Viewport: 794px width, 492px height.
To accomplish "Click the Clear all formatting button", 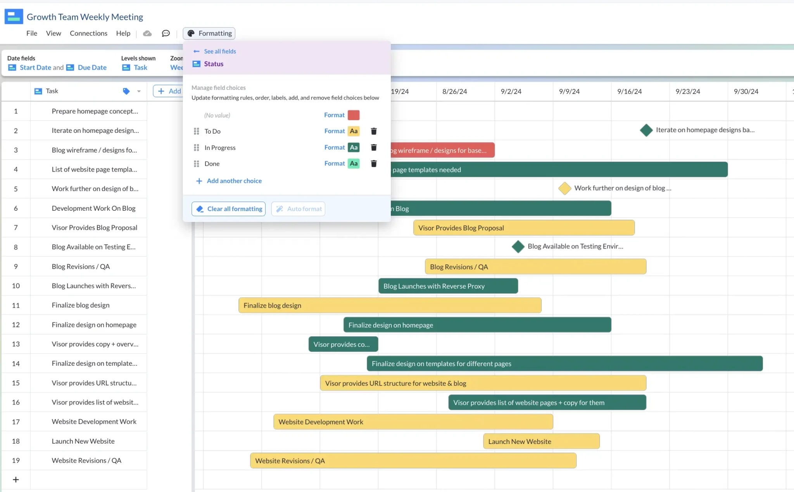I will point(228,209).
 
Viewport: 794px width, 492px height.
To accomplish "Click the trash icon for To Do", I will point(374,131).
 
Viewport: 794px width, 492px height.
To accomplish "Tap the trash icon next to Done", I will point(374,163).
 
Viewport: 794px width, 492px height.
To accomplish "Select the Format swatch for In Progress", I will point(354,148).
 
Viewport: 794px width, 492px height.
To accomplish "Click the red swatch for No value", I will point(354,115).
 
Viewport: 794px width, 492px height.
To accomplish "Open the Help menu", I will point(123,33).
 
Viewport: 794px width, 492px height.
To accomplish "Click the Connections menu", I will point(88,33).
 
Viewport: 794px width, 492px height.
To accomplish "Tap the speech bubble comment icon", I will point(166,33).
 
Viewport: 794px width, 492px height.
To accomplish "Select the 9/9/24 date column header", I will point(569,91).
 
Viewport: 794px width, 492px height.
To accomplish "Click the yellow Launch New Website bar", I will point(541,441).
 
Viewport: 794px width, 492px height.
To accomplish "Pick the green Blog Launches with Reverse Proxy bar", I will point(448,286).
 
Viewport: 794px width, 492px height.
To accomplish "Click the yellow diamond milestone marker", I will point(564,188).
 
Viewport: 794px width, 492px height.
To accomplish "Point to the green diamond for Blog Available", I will point(518,246).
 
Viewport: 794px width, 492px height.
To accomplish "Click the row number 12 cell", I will point(16,325).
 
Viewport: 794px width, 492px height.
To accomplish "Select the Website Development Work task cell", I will point(94,421).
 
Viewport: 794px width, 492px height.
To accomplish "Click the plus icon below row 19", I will point(16,480).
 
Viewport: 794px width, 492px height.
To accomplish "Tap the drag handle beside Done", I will point(197,163).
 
